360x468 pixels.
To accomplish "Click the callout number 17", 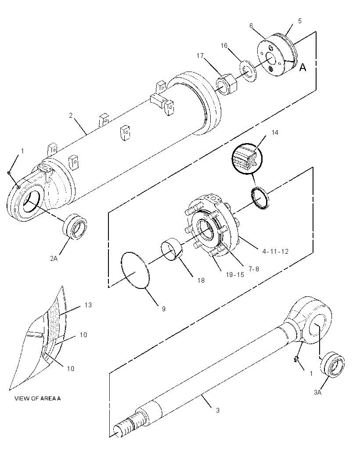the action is pos(200,56).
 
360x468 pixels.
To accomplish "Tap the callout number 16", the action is pos(224,46).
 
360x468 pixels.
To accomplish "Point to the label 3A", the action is pos(317,392).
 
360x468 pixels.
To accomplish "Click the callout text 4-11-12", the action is pos(276,251).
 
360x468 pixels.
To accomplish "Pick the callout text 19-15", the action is pos(235,274).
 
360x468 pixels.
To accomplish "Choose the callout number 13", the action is pos(88,305).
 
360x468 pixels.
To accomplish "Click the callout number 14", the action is pos(275,133).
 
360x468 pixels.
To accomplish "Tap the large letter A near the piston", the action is pos(302,68).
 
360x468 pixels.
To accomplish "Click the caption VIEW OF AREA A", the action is pos(38,399).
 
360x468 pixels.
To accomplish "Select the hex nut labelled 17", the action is pos(227,85).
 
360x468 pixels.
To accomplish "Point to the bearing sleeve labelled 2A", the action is pos(75,227).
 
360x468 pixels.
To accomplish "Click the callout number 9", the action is pos(164,309).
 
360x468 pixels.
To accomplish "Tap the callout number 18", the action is pos(201,281).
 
